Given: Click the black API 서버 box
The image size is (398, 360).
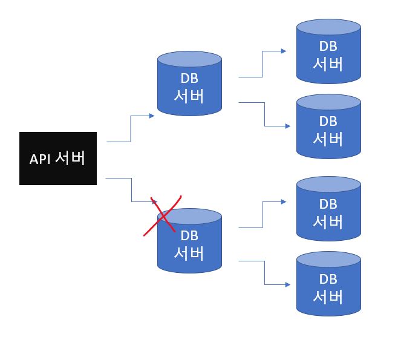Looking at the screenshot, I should [x=57, y=158].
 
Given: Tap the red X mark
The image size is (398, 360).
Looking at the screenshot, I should [x=163, y=215].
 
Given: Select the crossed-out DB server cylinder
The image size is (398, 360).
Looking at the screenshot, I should [x=189, y=245].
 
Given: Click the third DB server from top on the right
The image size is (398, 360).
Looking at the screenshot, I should [x=328, y=212].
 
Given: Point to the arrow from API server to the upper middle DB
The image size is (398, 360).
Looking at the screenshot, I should [x=131, y=128].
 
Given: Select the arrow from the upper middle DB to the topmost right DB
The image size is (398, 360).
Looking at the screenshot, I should [x=263, y=64].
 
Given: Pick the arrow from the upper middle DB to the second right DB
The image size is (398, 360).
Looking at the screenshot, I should [x=265, y=115].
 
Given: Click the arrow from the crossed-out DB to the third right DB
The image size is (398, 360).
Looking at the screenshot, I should [x=263, y=215].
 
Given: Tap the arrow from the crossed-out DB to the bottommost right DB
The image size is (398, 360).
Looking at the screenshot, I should [x=265, y=273].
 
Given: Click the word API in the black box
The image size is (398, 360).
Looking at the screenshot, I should [x=41, y=159].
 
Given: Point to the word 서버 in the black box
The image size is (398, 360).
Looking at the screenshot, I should [x=70, y=159].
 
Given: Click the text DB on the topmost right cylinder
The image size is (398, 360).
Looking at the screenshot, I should [x=328, y=46].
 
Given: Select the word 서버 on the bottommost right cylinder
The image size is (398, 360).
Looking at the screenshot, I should [x=328, y=297].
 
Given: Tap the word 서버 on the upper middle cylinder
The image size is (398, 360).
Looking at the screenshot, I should [x=189, y=96].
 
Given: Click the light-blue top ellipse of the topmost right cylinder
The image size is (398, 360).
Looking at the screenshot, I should [x=328, y=27].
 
